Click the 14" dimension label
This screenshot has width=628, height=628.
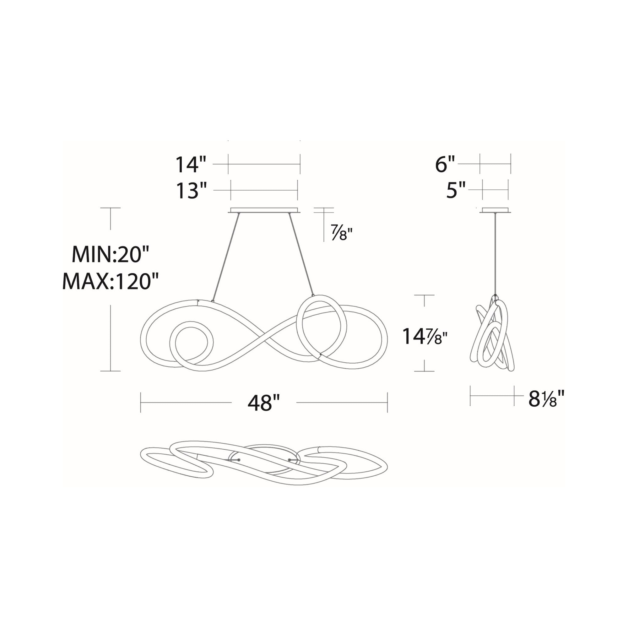[191, 165]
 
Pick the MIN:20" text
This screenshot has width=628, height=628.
[110, 254]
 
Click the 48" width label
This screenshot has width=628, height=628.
[264, 403]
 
